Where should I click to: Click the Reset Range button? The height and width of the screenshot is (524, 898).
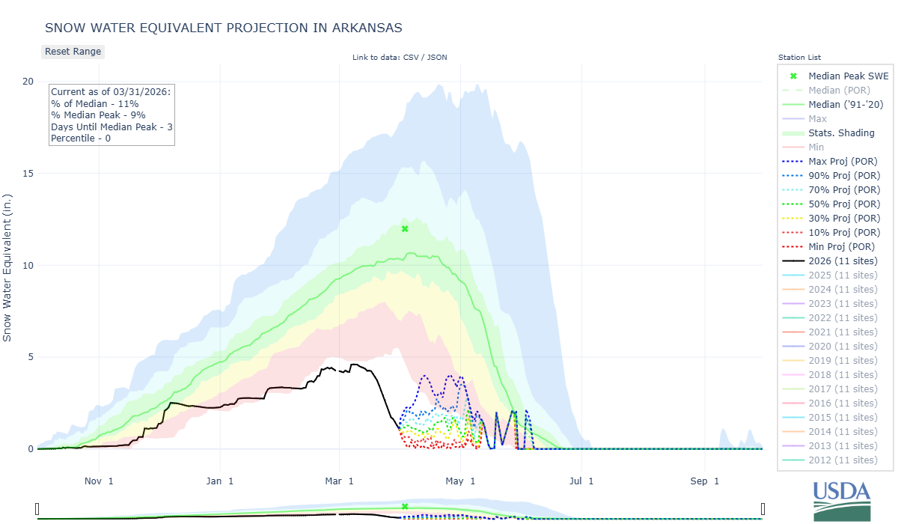pos(72,52)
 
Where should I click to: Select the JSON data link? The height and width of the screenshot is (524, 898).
pos(436,57)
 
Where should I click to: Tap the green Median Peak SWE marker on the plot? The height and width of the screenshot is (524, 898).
pos(405,228)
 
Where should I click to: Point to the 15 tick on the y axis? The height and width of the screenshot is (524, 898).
pos(28,174)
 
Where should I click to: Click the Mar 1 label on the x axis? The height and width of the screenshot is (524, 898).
pos(340,481)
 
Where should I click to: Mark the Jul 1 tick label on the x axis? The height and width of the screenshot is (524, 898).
pos(581,481)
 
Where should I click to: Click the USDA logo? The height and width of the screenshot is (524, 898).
pos(842,499)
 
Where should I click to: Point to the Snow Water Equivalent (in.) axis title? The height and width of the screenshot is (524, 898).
pos(8,265)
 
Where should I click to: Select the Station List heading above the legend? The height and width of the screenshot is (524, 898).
pos(799,57)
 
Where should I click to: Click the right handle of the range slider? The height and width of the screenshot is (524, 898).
pos(763,510)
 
